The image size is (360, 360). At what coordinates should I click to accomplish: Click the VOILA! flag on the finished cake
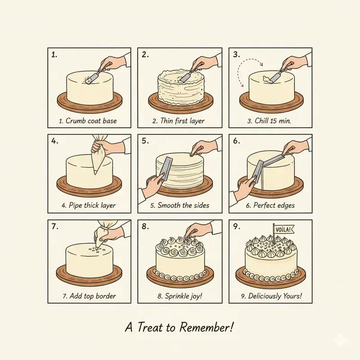point(279,229)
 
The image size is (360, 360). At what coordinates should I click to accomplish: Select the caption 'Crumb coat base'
point(89,121)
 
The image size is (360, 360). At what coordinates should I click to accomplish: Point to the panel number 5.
point(145,141)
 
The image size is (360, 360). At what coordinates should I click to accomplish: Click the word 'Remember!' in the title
point(206,327)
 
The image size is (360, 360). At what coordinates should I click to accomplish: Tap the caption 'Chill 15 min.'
point(269,121)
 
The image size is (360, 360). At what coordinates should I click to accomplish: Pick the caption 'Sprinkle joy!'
point(179,297)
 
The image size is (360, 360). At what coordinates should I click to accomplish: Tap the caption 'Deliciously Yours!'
point(269,297)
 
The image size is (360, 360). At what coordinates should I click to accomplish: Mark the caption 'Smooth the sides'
point(179,206)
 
